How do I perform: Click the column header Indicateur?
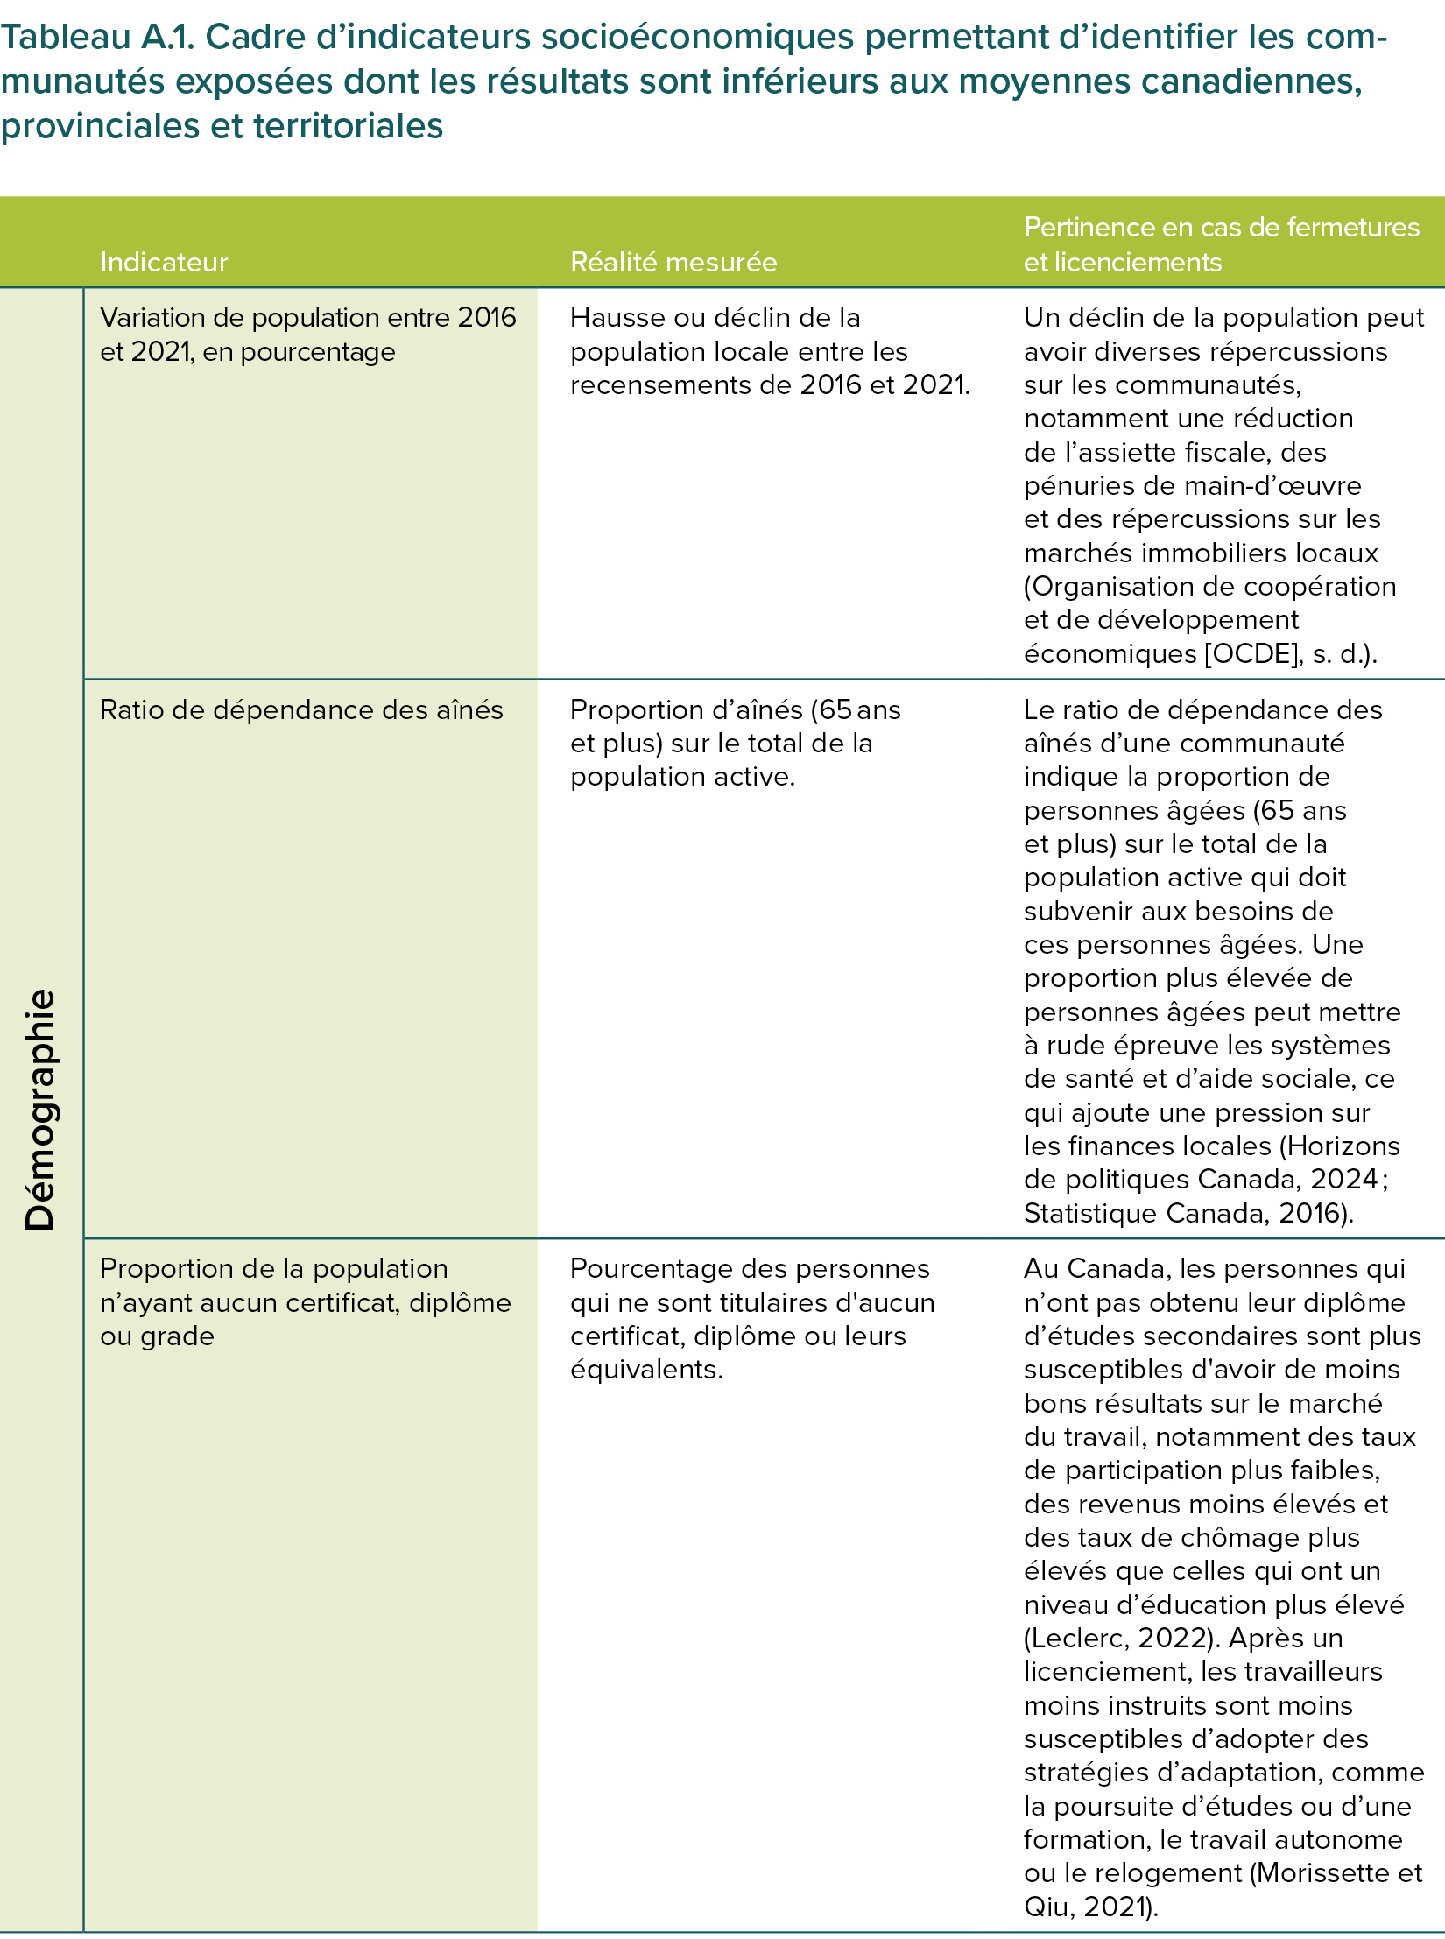[164, 262]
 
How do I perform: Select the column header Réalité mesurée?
[673, 262]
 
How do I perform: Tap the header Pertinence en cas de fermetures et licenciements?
[1221, 244]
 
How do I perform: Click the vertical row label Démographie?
[40, 1109]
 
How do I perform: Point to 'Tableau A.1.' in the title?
[95, 38]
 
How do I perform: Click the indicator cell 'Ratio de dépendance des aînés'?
[301, 709]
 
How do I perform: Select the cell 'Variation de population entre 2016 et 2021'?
[307, 334]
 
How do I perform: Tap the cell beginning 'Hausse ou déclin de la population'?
[770, 350]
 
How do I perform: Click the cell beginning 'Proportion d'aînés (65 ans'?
[735, 743]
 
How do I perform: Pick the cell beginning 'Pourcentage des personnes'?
[751, 1318]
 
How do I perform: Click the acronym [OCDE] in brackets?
[1253, 654]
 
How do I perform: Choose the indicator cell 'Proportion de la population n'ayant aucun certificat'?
[305, 1301]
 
